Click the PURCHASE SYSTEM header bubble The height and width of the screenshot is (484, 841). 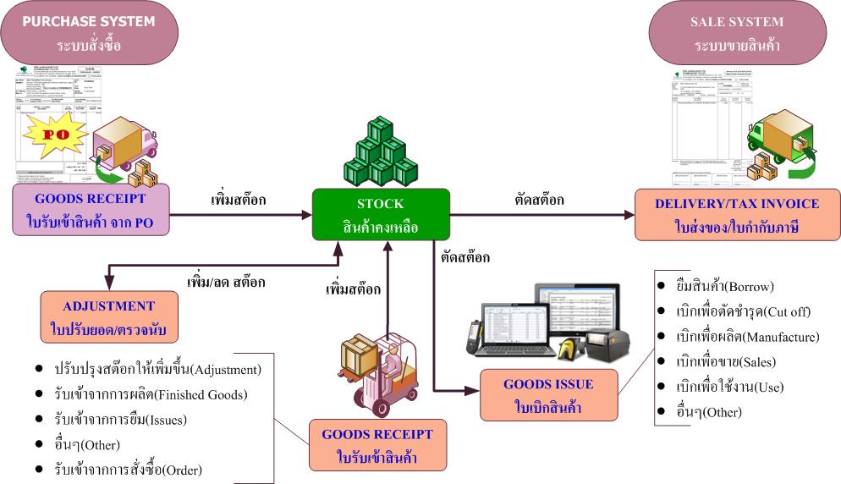95,31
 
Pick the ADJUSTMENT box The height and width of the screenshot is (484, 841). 109,315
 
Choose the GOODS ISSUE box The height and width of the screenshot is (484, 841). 547,393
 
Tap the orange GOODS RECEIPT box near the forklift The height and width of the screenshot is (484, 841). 378,445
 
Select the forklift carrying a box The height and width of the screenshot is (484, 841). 378,370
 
